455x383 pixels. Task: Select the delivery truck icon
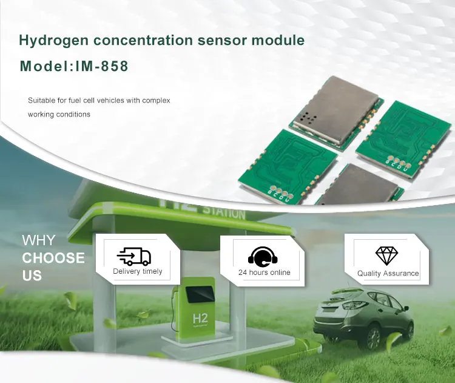click(133, 256)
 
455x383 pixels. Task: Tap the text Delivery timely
click(138, 272)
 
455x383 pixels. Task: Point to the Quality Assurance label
click(388, 274)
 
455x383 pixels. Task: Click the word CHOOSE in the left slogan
click(53, 258)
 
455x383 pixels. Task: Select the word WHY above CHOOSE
click(38, 240)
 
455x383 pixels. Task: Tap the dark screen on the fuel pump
click(200, 295)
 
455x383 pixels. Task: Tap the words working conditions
click(59, 114)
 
